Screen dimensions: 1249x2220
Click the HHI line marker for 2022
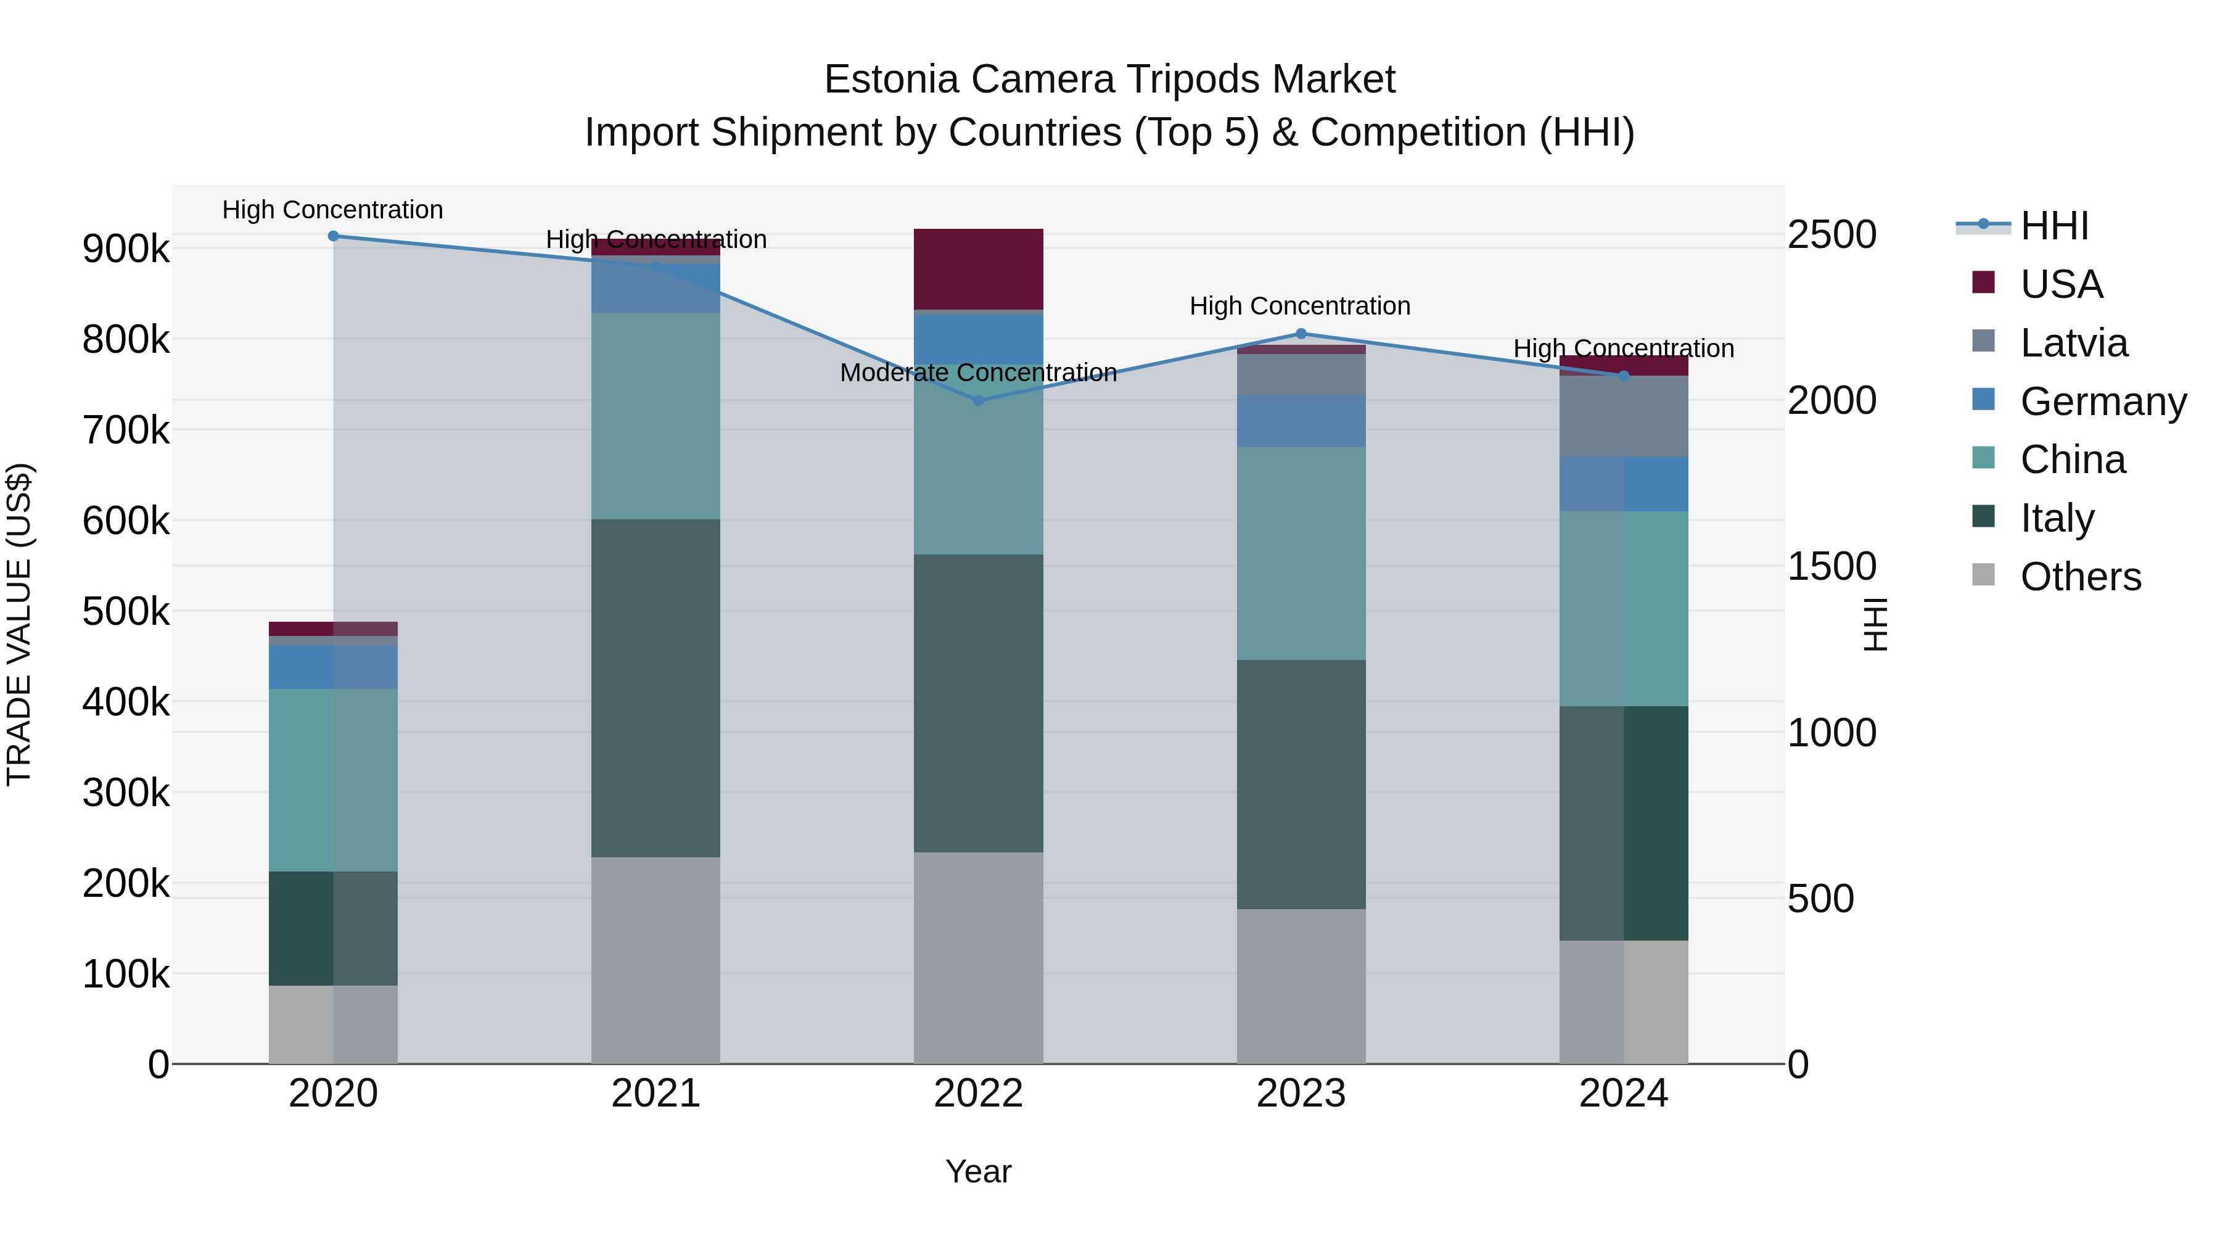(x=978, y=400)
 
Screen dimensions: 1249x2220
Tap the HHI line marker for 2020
(x=334, y=236)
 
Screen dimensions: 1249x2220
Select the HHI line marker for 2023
(x=1301, y=334)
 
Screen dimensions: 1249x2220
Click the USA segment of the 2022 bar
(x=978, y=269)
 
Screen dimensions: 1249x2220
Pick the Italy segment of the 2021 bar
(x=656, y=687)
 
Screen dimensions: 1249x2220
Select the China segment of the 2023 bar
(x=1301, y=553)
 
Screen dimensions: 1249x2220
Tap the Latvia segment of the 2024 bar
(x=1624, y=416)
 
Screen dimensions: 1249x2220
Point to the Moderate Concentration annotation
(x=978, y=373)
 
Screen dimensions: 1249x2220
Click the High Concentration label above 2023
(x=1299, y=306)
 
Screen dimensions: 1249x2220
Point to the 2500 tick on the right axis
(x=1831, y=234)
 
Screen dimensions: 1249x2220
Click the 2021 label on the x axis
(x=656, y=1094)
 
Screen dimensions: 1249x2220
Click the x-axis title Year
(x=978, y=1171)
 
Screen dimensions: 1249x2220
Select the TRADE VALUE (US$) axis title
(x=20, y=624)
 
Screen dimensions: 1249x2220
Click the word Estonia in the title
(x=891, y=80)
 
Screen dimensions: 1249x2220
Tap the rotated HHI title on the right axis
(x=1875, y=624)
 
